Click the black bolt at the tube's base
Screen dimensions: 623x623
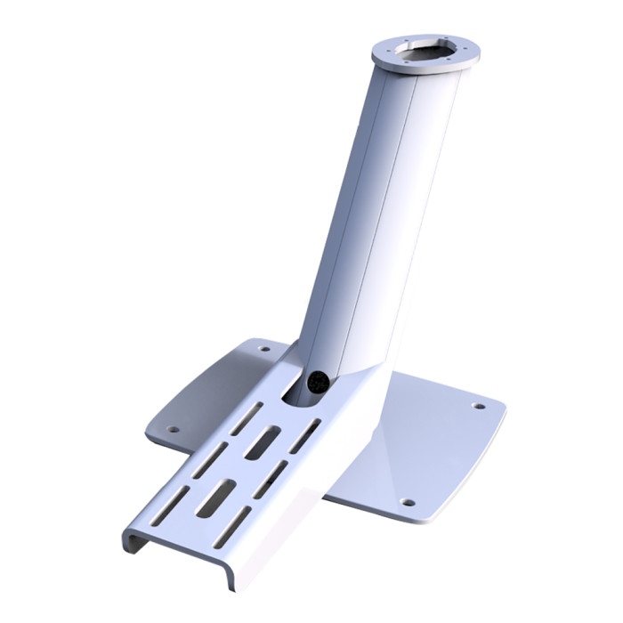point(316,382)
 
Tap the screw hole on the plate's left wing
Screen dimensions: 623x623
point(174,429)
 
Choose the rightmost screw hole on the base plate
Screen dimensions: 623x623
point(479,406)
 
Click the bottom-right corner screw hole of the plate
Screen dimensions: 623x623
point(408,502)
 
